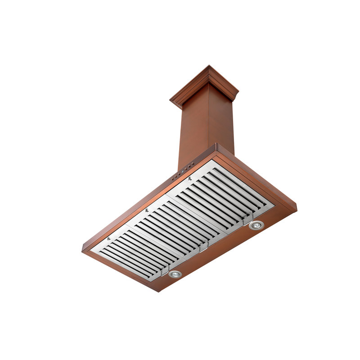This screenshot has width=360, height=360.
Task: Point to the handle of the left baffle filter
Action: coord(164,270)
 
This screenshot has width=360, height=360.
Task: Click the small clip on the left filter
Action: coord(108,238)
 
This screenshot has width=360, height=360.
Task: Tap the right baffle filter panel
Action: coord(223,193)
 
